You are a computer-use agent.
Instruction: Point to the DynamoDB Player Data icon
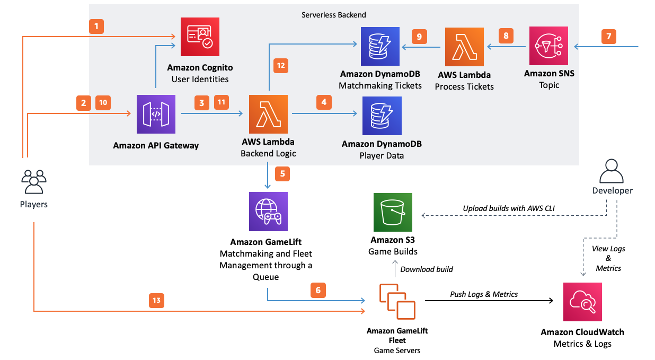tap(382, 116)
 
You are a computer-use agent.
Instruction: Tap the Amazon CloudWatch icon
tap(582, 302)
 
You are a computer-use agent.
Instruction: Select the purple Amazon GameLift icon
tap(268, 212)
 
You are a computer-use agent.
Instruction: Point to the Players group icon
tap(34, 181)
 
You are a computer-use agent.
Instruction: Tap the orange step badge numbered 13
tap(156, 301)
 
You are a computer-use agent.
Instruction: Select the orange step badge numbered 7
tap(608, 37)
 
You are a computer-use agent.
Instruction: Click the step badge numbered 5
tap(282, 173)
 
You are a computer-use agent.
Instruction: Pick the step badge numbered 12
tap(281, 66)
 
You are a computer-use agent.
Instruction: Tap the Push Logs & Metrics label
tap(484, 294)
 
